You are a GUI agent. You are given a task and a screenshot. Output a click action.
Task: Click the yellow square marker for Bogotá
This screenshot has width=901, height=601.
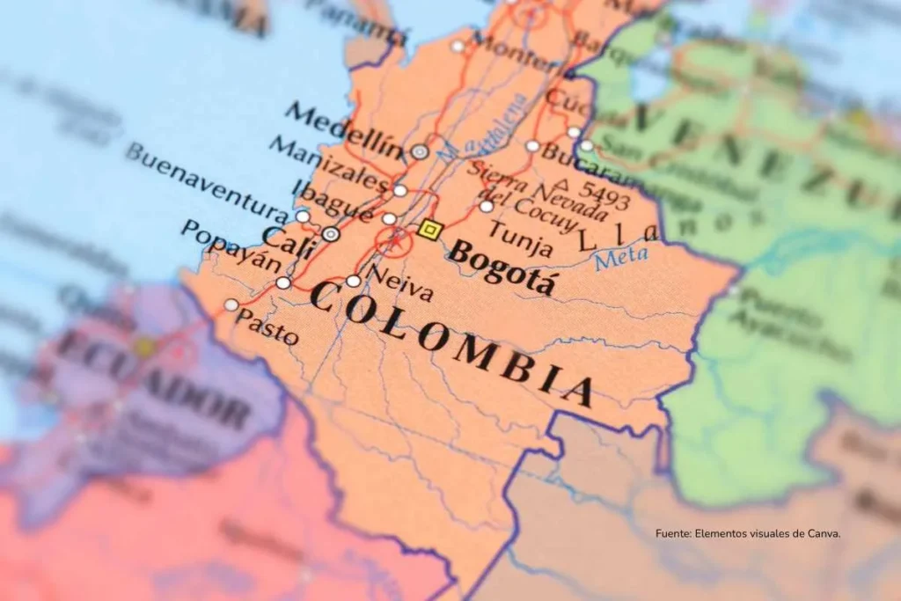(429, 230)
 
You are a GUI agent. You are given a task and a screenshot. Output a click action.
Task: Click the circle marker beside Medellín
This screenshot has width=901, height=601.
(420, 151)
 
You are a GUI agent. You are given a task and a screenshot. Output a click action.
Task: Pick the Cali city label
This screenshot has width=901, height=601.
(288, 237)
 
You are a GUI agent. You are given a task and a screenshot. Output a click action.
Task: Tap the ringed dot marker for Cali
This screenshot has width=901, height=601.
(331, 234)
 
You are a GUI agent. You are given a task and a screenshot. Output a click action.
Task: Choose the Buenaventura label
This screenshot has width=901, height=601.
(206, 182)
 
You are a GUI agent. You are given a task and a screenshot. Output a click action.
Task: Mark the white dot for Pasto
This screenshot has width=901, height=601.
(231, 304)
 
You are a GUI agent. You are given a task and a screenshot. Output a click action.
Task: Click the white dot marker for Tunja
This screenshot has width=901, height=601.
(487, 206)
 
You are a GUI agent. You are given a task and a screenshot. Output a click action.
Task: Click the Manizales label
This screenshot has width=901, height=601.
(327, 162)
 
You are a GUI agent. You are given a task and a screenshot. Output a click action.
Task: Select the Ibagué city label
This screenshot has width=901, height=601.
(332, 200)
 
